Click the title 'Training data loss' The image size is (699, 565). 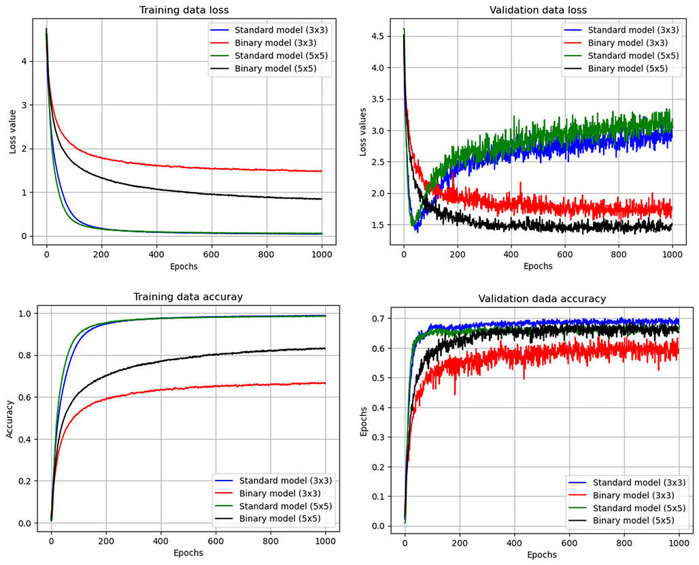point(184,10)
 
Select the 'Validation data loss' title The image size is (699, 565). point(538,10)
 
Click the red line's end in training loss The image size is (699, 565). point(322,171)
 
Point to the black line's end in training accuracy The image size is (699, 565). point(325,349)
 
